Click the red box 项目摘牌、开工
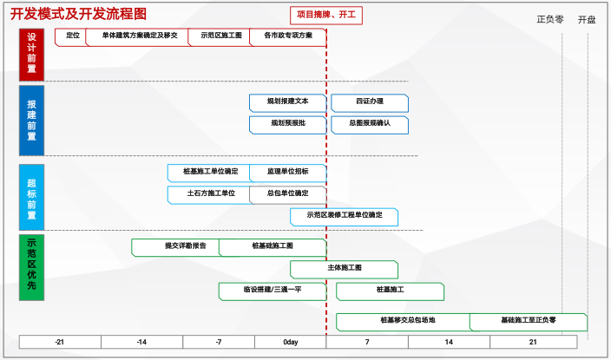tap(326, 16)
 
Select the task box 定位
tap(72, 36)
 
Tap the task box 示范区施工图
tap(220, 36)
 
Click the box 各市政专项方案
tap(287, 36)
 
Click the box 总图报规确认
tap(370, 124)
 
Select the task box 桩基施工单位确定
tap(209, 172)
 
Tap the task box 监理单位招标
tap(287, 172)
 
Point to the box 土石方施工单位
tap(209, 193)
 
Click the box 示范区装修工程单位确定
tap(344, 215)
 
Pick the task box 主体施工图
tap(344, 268)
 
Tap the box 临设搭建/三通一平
tap(272, 290)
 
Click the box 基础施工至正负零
tap(528, 321)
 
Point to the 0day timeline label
tap(291, 343)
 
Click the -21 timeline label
tap(59, 343)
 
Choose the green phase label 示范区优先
tap(31, 267)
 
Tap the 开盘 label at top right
tap(587, 19)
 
